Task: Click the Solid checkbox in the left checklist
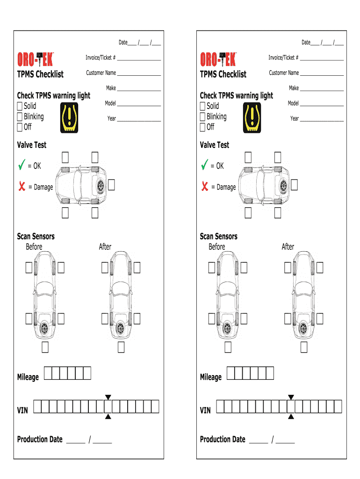coord(20,106)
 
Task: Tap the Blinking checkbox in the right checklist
coord(202,117)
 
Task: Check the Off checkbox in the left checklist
coord(20,127)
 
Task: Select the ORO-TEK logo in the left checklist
coord(36,59)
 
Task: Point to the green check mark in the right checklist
coord(204,165)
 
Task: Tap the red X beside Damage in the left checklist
coord(22,187)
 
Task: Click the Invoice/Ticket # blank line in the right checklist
coord(322,60)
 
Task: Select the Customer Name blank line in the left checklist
coord(139,75)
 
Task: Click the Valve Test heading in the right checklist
coord(215,145)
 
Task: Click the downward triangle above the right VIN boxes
coord(291,397)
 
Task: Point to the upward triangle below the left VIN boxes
coord(108,416)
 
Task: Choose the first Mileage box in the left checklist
coord(48,373)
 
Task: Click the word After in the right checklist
coord(288,247)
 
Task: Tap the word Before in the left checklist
coord(34,247)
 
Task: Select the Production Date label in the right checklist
coord(223,439)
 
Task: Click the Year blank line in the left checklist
coord(139,121)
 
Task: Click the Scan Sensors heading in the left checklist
coord(36,236)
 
